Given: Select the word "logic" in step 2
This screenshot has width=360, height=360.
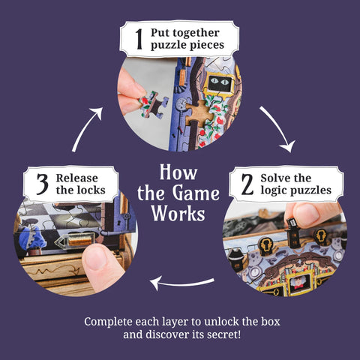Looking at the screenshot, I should point(274,190).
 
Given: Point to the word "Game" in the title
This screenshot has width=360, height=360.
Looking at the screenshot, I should point(197,193).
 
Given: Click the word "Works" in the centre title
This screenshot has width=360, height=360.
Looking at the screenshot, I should point(178,214).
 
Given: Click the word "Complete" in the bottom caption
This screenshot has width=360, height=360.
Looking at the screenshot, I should point(111,321).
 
